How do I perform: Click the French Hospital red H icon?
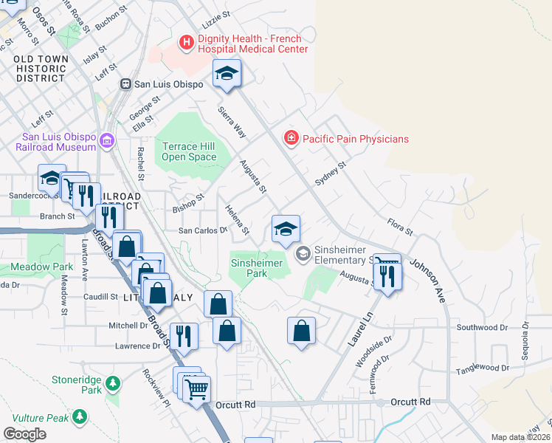187,43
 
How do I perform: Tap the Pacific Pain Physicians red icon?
292,138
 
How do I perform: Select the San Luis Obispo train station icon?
126,84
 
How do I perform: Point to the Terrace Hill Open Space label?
189,151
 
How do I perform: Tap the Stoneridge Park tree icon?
112,383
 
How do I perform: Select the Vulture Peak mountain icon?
79,419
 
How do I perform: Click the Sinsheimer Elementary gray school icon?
303,254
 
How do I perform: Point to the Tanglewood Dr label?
483,368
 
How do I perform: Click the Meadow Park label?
42,267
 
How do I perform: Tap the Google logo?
24,434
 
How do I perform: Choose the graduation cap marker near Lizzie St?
227,73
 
